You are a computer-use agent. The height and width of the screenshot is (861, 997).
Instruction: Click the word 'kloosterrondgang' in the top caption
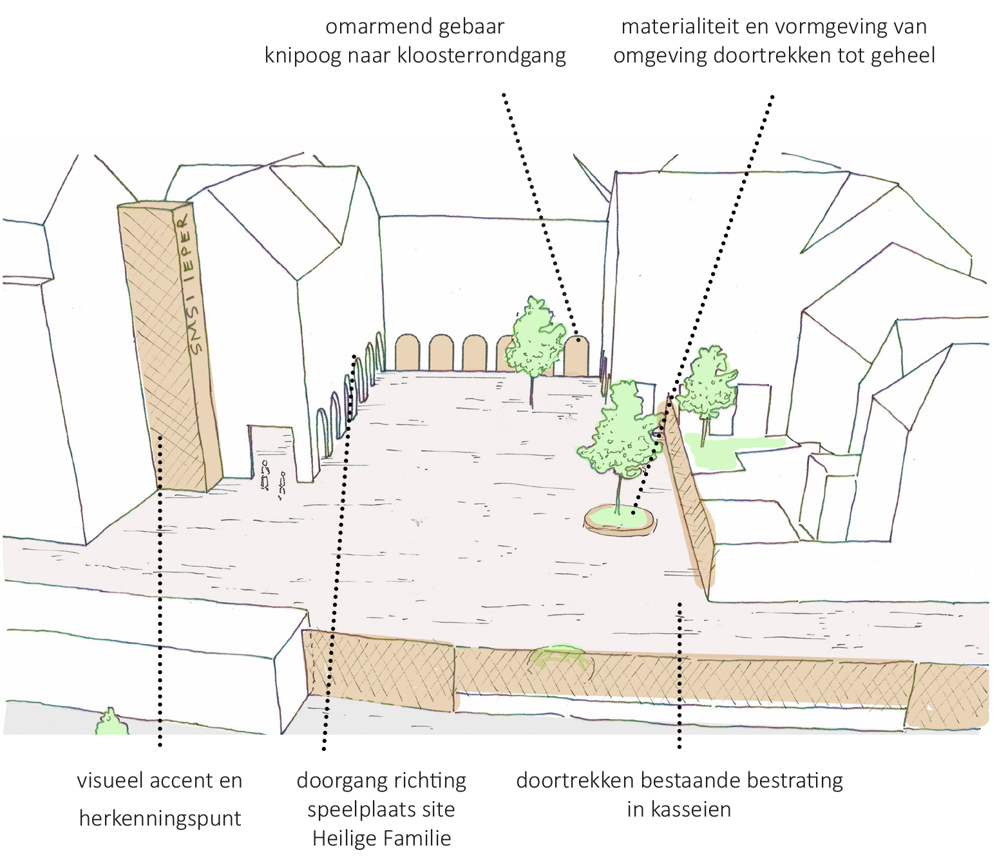[481, 55]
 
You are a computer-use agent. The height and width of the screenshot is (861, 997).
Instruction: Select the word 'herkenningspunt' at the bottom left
[160, 818]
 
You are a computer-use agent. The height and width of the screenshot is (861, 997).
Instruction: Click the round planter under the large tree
[620, 520]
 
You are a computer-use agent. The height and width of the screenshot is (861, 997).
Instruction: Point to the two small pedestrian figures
[273, 480]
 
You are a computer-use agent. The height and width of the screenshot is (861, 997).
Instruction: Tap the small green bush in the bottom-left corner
[111, 723]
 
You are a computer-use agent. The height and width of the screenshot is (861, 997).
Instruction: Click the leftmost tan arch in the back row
[408, 353]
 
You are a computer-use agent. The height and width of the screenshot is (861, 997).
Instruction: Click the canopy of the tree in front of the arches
[535, 337]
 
